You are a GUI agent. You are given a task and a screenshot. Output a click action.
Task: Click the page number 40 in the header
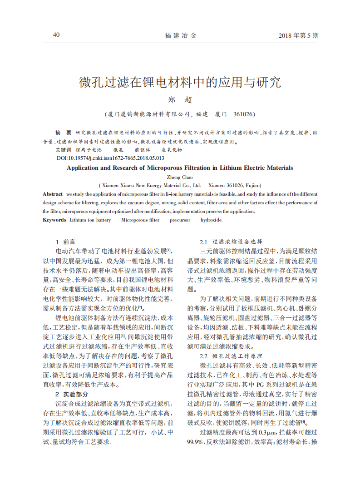(x=56, y=35)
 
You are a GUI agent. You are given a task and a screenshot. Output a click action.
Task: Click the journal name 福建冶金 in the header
(x=181, y=36)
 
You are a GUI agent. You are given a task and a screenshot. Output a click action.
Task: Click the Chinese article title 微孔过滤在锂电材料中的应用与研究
(x=180, y=83)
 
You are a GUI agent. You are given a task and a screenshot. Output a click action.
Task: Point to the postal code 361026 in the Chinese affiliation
(x=243, y=114)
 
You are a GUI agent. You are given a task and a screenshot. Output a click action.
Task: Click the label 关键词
(x=63, y=149)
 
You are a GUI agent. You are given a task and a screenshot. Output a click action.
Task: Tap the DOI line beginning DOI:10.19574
(x=110, y=158)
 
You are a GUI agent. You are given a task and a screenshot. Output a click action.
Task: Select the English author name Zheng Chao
(x=180, y=177)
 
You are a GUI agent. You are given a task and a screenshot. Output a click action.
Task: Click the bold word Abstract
(x=53, y=194)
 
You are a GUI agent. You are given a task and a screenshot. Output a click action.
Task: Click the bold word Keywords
(x=54, y=220)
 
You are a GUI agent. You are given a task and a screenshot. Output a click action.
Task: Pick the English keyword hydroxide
(x=211, y=220)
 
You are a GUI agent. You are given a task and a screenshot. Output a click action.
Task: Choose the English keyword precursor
(x=180, y=220)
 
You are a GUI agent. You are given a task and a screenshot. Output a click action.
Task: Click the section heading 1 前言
(x=65, y=242)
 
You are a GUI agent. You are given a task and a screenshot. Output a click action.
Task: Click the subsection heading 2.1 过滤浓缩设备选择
(x=231, y=242)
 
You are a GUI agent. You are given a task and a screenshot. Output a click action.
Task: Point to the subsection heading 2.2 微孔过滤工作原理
(x=231, y=356)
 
